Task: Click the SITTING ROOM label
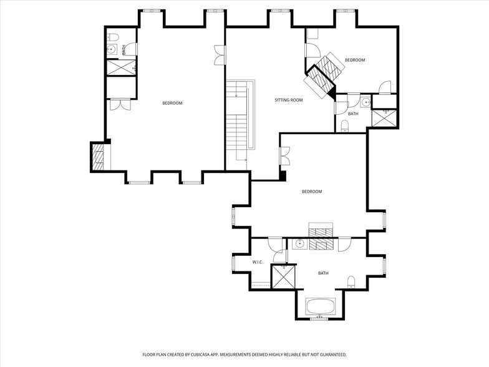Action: [288, 100]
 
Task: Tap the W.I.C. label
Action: [259, 262]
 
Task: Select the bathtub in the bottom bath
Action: [321, 307]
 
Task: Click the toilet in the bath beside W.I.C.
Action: [351, 281]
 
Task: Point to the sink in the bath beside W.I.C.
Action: [300, 243]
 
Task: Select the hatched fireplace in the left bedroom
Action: [98, 157]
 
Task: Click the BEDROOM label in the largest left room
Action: [172, 103]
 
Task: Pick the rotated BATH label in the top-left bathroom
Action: [124, 49]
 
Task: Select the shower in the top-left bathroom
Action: [121, 67]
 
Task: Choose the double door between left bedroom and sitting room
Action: [219, 55]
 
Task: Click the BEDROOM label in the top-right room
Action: [354, 60]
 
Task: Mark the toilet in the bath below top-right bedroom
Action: [345, 126]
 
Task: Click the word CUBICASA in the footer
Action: [200, 355]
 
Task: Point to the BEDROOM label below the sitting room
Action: [312, 192]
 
